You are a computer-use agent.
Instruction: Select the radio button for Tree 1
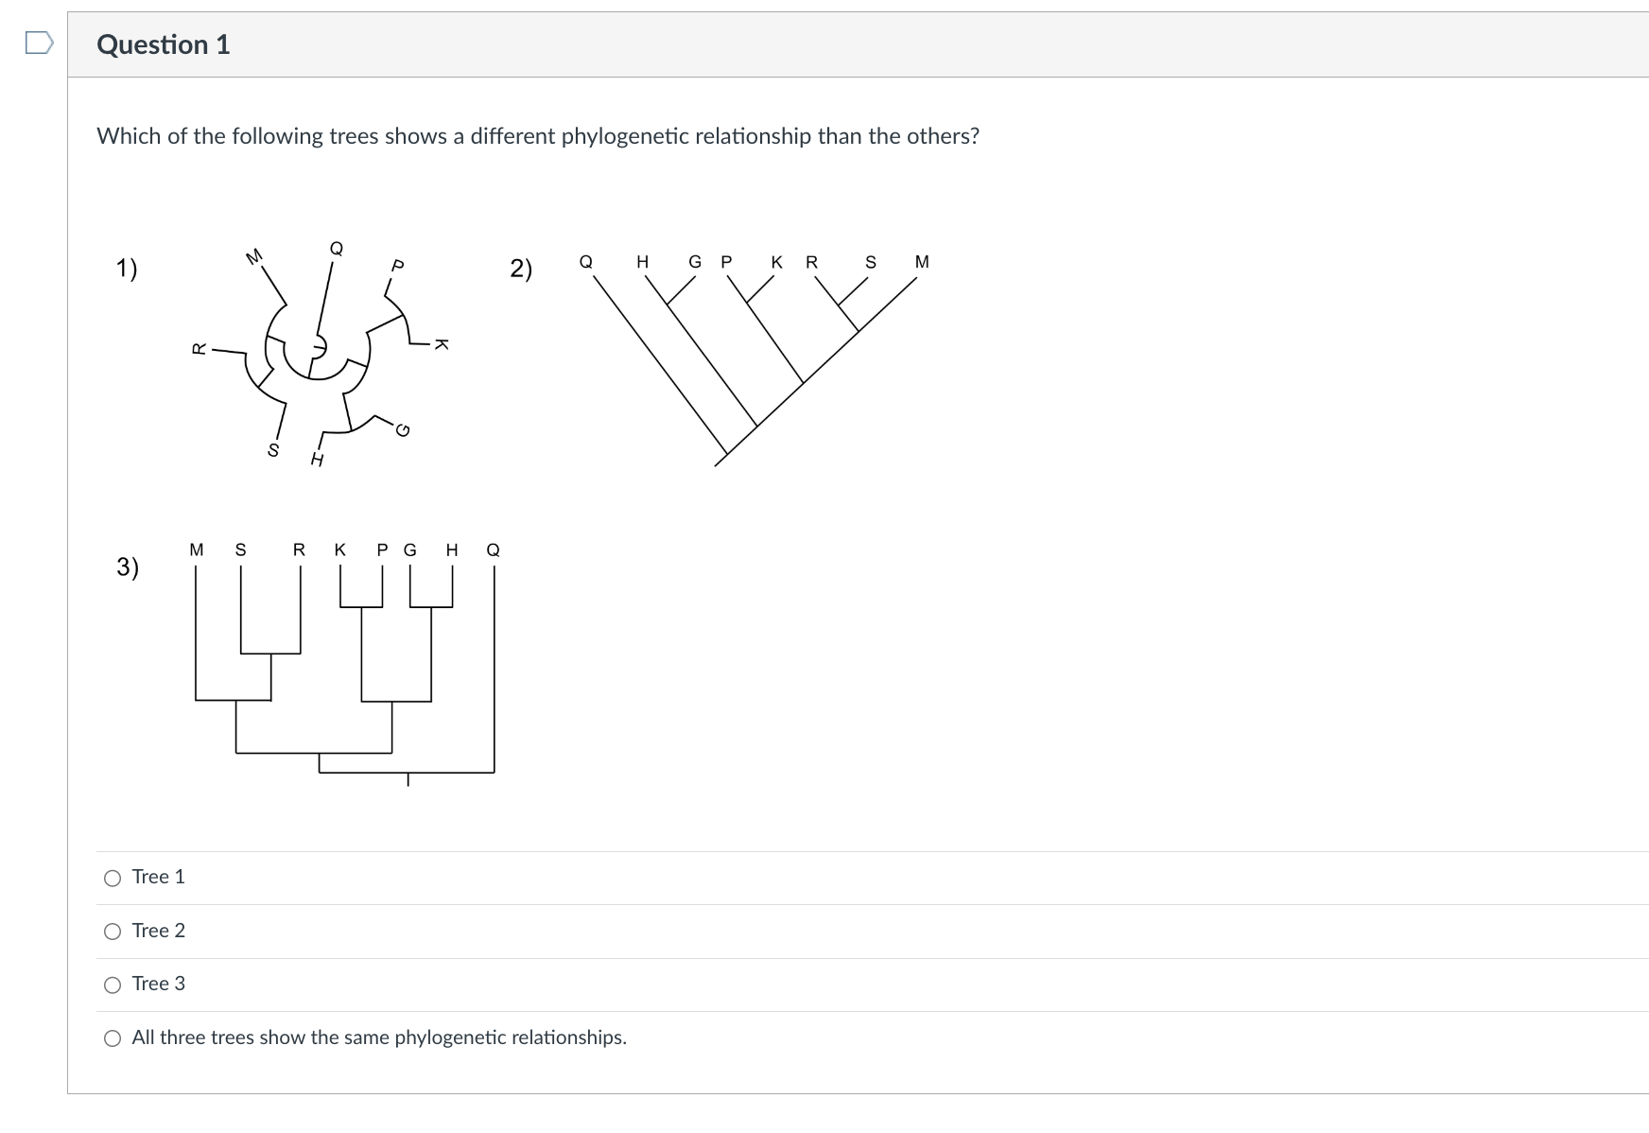click(x=113, y=879)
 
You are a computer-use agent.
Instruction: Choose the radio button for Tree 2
click(x=113, y=933)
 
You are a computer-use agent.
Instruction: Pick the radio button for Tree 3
click(x=113, y=985)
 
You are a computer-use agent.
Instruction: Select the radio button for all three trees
click(x=113, y=1039)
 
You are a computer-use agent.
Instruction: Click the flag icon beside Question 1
click(x=39, y=44)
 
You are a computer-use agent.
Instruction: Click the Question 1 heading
click(x=164, y=44)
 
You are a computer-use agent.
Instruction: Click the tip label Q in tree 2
click(x=586, y=262)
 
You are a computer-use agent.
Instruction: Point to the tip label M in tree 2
click(x=922, y=262)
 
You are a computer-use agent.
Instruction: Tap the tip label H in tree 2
click(x=643, y=262)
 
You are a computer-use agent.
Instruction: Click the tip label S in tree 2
click(x=871, y=262)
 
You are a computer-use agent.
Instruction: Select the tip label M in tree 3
click(x=197, y=549)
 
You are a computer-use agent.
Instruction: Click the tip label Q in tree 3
click(x=493, y=549)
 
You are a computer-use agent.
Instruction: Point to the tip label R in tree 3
click(x=299, y=549)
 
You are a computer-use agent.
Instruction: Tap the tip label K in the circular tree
click(x=441, y=344)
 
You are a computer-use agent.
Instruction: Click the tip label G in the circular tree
click(x=403, y=431)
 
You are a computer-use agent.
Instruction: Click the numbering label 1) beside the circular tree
click(x=127, y=269)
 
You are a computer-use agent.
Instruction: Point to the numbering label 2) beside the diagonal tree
click(x=521, y=269)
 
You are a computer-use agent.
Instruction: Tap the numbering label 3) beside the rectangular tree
click(x=128, y=566)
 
